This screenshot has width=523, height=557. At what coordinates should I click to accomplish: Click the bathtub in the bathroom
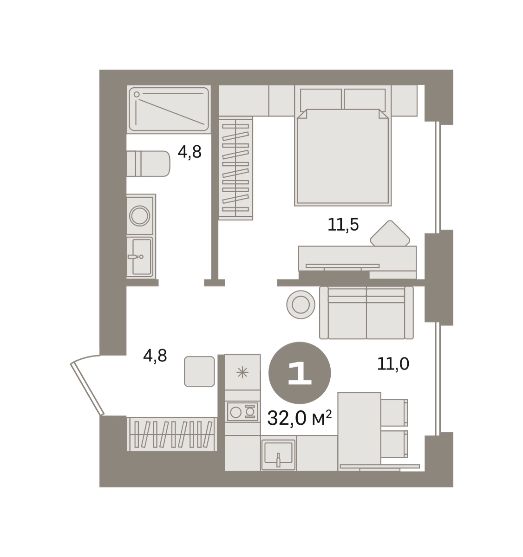[169, 109]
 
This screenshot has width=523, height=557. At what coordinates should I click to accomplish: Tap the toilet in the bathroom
[148, 164]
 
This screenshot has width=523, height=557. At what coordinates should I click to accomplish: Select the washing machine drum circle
[139, 216]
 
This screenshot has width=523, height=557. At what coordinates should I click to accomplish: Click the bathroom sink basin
[142, 257]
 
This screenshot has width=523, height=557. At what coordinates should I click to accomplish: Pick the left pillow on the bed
[321, 100]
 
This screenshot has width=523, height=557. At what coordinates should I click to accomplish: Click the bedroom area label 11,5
[343, 225]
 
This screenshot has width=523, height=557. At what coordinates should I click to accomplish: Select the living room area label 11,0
[393, 364]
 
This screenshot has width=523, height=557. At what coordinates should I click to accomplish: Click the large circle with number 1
[300, 373]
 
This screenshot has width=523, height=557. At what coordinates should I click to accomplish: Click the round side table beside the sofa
[301, 304]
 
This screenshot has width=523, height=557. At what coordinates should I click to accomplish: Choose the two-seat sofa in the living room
[366, 313]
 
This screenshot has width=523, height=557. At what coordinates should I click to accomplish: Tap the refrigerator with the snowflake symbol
[242, 372]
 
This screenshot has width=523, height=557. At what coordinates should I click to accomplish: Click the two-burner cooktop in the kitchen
[242, 412]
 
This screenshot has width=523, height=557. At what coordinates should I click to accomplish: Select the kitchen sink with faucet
[278, 454]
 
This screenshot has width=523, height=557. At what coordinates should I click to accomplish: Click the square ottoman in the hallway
[199, 371]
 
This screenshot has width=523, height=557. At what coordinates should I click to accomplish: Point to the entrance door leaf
[87, 389]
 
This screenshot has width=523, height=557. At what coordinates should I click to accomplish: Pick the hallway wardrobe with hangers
[172, 434]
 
